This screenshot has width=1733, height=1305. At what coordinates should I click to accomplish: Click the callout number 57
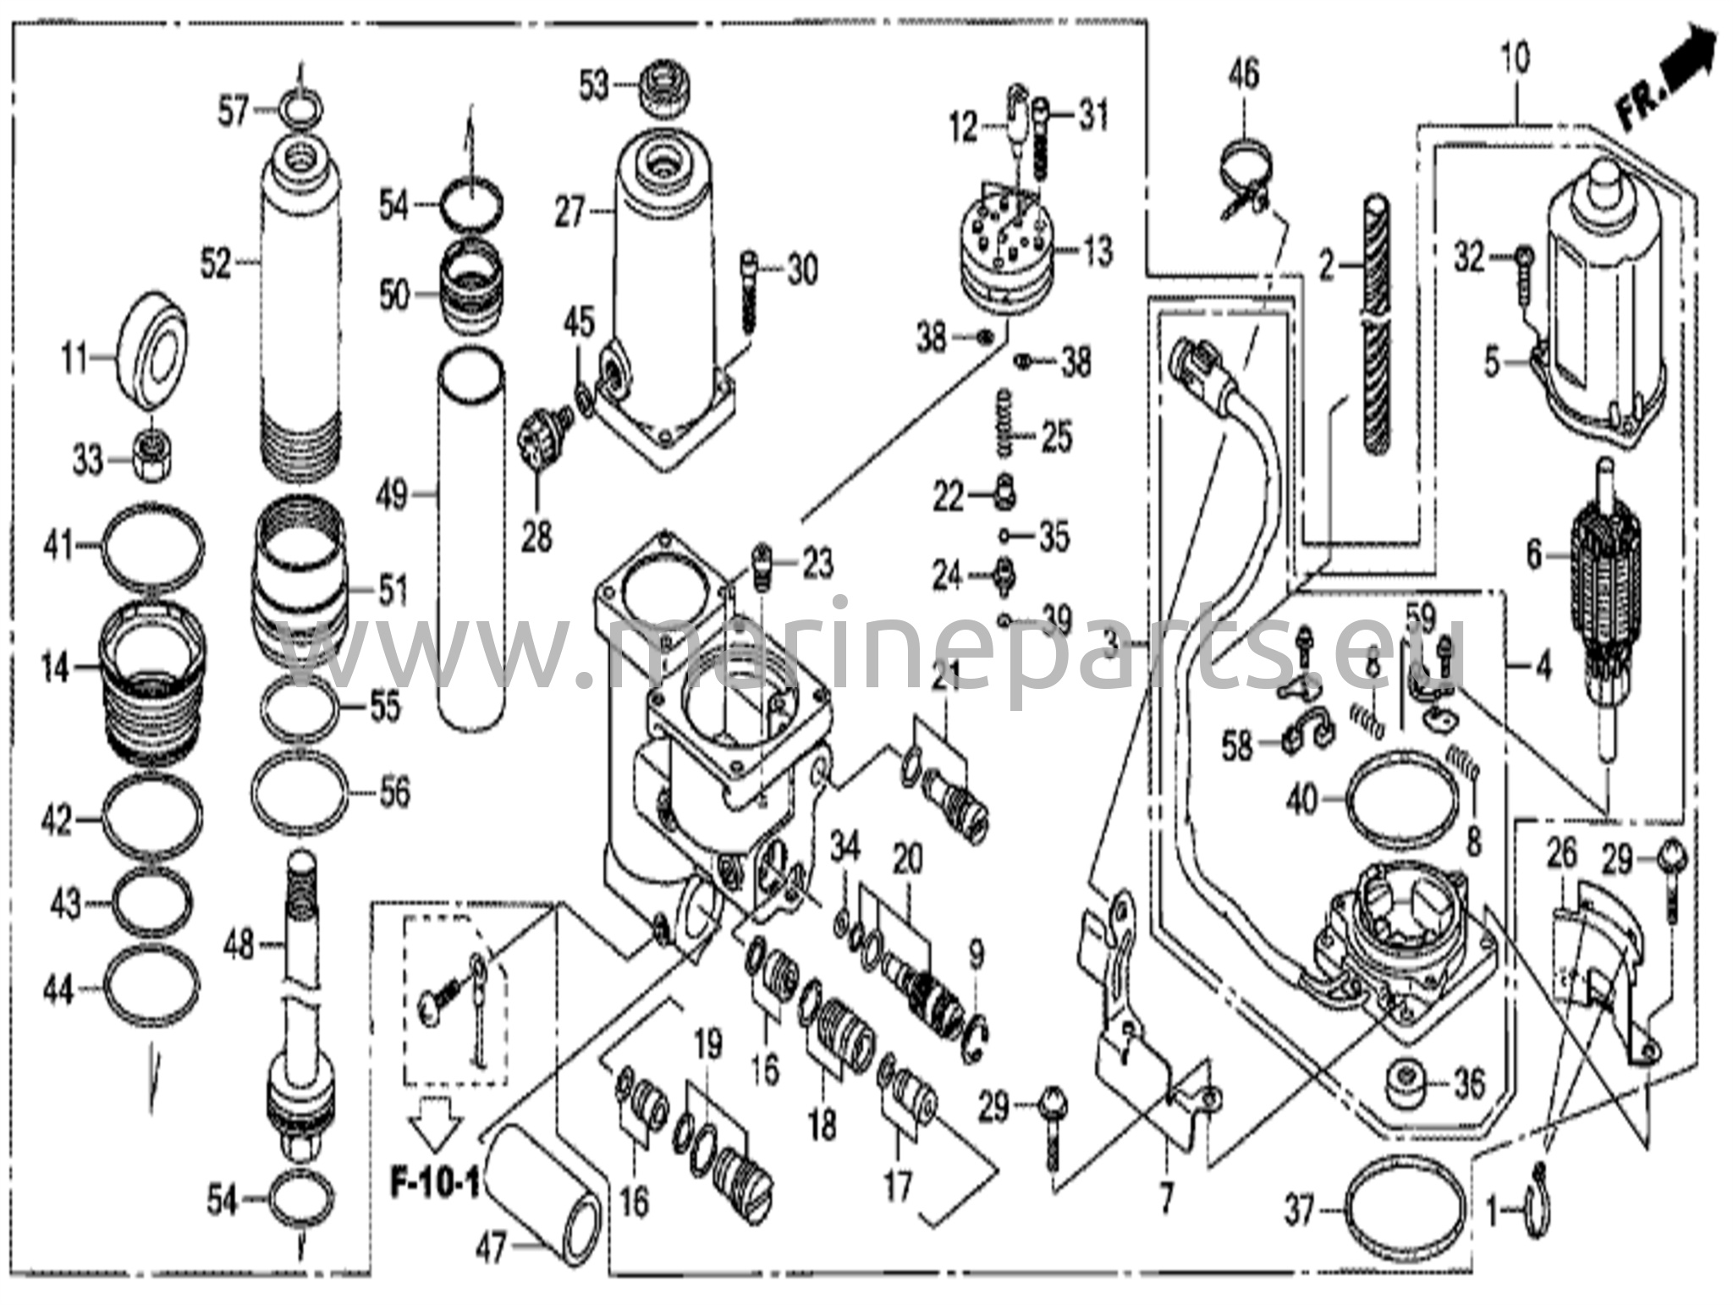233,112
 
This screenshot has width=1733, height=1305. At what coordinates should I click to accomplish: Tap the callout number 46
1244,74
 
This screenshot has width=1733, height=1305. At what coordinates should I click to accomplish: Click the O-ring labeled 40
1404,796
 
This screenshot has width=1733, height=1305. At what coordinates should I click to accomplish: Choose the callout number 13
1098,251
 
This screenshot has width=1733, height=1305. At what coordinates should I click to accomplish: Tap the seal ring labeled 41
153,546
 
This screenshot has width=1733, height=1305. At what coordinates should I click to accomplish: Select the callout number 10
1516,59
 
